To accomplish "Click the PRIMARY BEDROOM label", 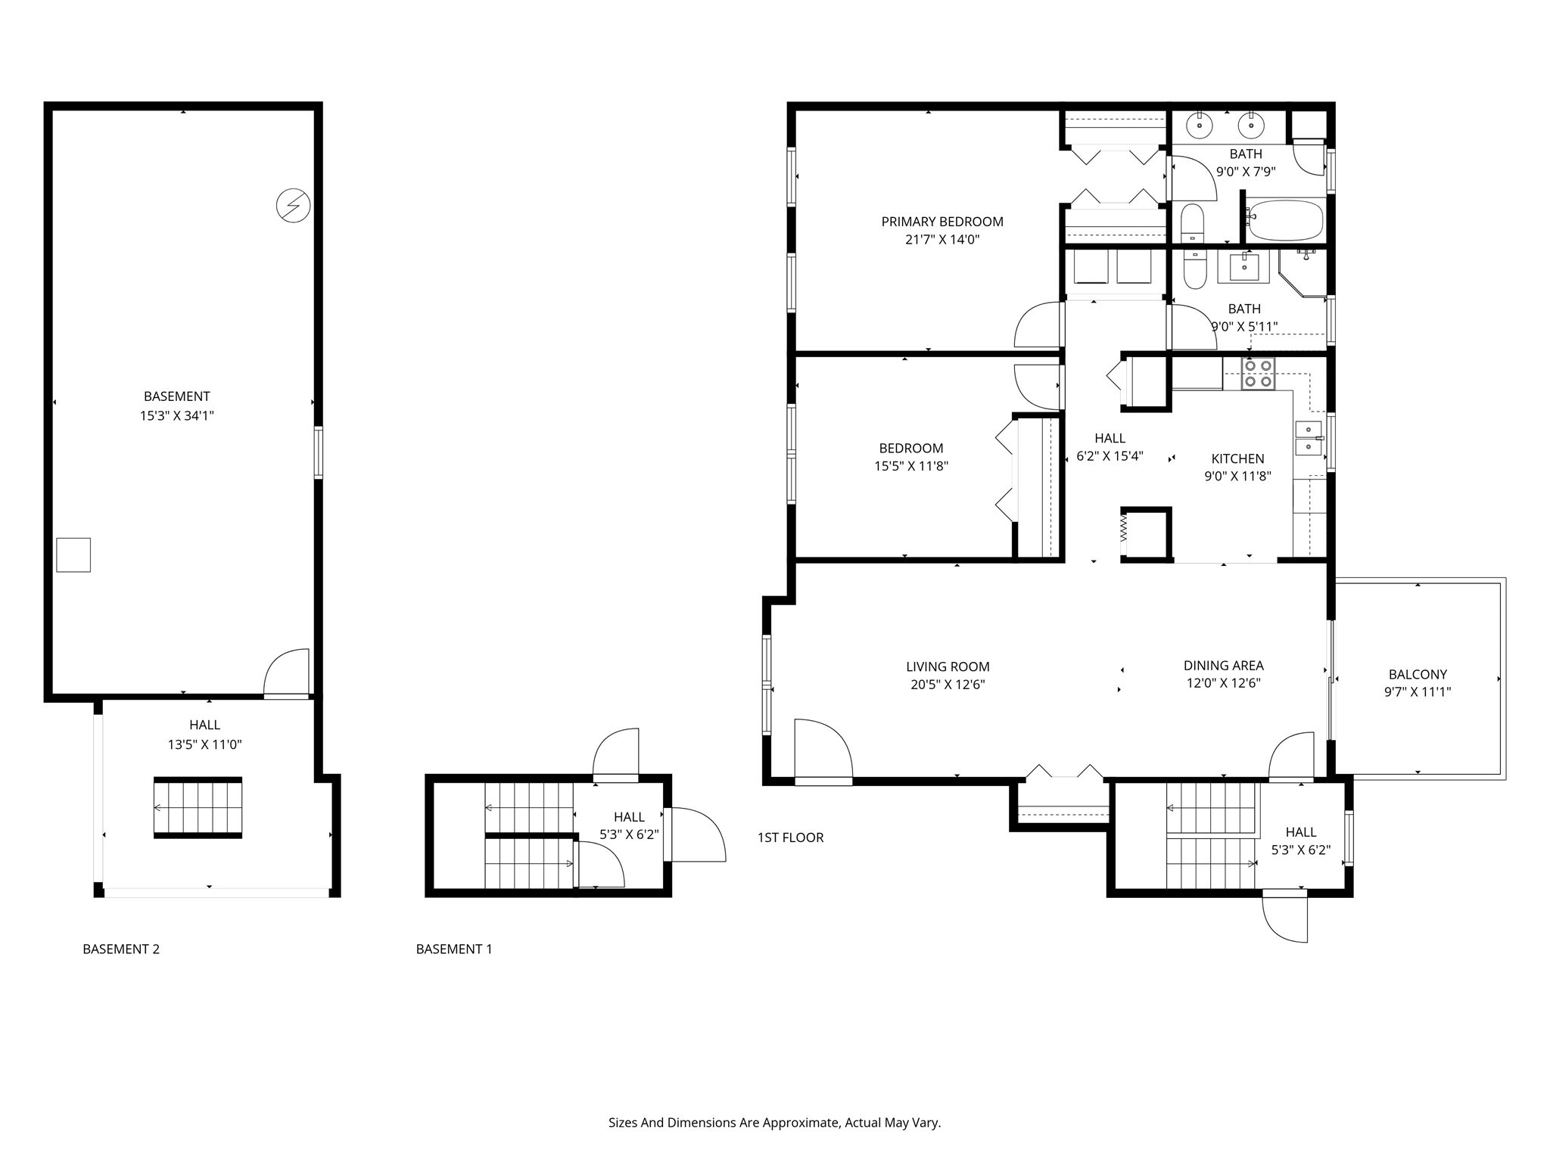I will tap(942, 222).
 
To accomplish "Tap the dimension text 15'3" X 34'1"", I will tap(176, 415).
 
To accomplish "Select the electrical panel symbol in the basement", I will tap(293, 205).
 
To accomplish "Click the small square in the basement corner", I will tap(73, 555).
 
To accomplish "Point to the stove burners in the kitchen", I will tap(1258, 374).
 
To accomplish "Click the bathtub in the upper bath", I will tap(1284, 220).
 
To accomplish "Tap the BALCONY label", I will tap(1417, 674).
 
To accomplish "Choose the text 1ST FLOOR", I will tap(790, 837).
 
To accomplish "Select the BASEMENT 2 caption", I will tap(121, 949).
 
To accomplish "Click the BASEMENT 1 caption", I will tap(454, 949).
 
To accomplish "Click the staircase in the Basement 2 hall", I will tap(198, 807).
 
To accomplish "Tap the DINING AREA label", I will tap(1223, 666).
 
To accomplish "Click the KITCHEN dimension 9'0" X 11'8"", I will tap(1237, 476).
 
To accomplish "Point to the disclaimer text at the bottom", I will tap(774, 1123).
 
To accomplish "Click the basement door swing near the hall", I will tap(288, 671).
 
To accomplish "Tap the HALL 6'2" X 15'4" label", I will tap(1110, 447).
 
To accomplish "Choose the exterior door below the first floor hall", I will tap(1286, 918).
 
